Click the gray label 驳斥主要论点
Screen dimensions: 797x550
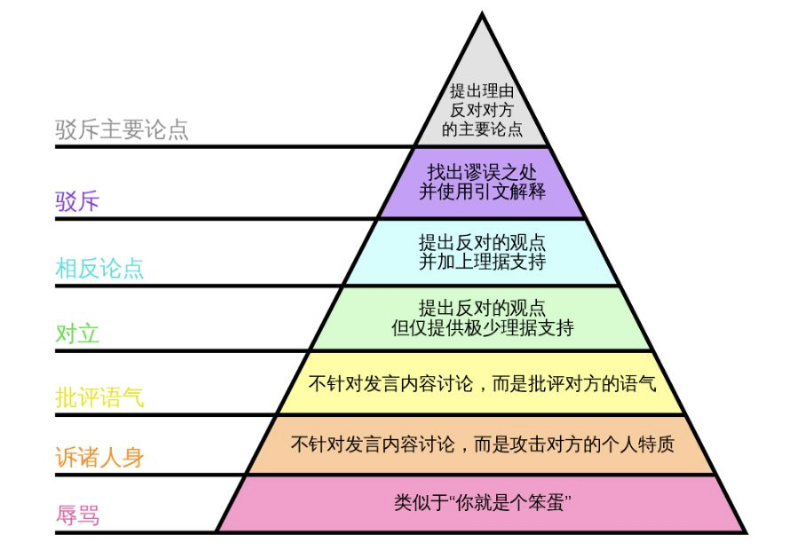[122, 130]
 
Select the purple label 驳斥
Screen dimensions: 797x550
[77, 201]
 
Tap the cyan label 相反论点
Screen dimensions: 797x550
[99, 268]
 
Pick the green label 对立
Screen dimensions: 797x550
[77, 334]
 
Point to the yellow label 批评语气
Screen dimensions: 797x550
[99, 397]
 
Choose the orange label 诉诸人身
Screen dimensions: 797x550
[99, 457]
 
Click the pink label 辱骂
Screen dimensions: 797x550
[77, 515]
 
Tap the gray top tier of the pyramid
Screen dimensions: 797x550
[482, 101]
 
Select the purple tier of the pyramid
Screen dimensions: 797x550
[482, 183]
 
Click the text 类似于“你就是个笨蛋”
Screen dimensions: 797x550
[482, 503]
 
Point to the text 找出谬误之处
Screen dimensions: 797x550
[482, 172]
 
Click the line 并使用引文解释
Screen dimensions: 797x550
[482, 192]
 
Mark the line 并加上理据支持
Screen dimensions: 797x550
[482, 262]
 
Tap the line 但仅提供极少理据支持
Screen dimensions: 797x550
[482, 327]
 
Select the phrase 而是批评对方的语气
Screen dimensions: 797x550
[574, 383]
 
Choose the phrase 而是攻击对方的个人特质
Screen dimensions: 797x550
[574, 444]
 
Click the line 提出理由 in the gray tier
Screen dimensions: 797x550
[482, 90]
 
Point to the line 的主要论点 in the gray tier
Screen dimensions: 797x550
[482, 129]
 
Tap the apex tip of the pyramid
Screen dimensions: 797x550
[482, 13]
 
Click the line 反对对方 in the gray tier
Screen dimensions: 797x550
[482, 110]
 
